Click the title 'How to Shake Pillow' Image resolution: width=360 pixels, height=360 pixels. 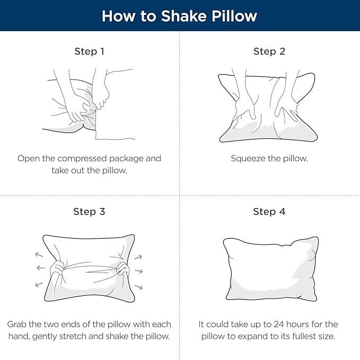coord(179,15)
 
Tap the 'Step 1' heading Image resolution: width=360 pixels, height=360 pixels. coord(89,51)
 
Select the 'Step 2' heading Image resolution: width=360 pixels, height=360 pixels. coord(269,51)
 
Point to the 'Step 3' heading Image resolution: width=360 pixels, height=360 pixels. coord(89,212)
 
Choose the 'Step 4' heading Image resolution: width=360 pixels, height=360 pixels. coord(269,212)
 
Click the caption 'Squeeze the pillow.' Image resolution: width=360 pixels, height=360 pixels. coord(269,159)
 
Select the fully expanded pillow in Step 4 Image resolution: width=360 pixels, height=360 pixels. coord(269,268)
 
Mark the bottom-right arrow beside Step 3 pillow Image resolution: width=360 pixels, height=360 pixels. coord(139,287)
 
